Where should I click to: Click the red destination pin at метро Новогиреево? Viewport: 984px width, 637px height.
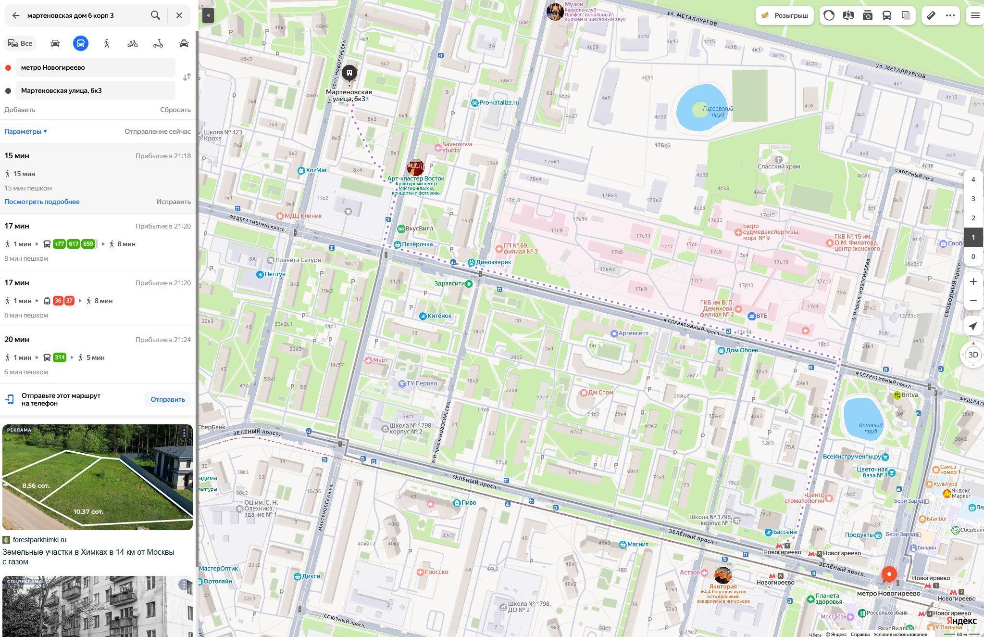coord(889,574)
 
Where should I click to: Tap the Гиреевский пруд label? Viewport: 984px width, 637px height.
coord(718,112)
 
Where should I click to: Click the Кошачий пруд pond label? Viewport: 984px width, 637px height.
coord(871,428)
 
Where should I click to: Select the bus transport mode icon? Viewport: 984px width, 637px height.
coord(81,43)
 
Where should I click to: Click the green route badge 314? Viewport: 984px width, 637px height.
coord(60,357)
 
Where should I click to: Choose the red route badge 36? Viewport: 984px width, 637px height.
coord(58,301)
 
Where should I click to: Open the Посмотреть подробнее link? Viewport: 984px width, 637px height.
coord(42,202)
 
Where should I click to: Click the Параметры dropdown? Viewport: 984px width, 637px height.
coord(25,131)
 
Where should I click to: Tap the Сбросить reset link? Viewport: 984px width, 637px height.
coord(175,110)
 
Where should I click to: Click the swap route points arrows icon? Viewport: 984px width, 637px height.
coord(187,77)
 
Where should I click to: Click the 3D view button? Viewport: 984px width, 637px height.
coord(973,355)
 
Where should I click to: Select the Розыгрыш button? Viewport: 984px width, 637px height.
coord(785,15)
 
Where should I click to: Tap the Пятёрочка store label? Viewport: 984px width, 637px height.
coord(416,244)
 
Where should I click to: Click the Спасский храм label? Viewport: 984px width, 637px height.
coord(779,166)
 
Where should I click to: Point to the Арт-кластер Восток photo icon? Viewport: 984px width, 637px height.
coord(415,167)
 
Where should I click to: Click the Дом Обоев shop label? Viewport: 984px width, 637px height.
coord(741,350)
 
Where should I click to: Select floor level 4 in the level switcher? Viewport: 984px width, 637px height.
coord(973,179)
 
